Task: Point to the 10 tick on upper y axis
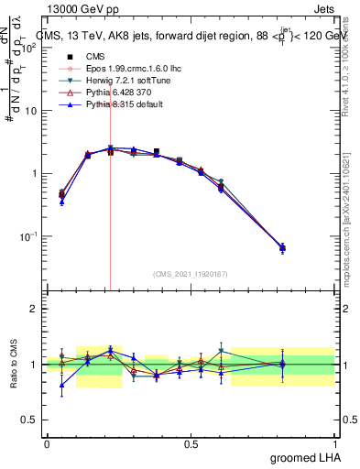[x=34, y=111]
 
